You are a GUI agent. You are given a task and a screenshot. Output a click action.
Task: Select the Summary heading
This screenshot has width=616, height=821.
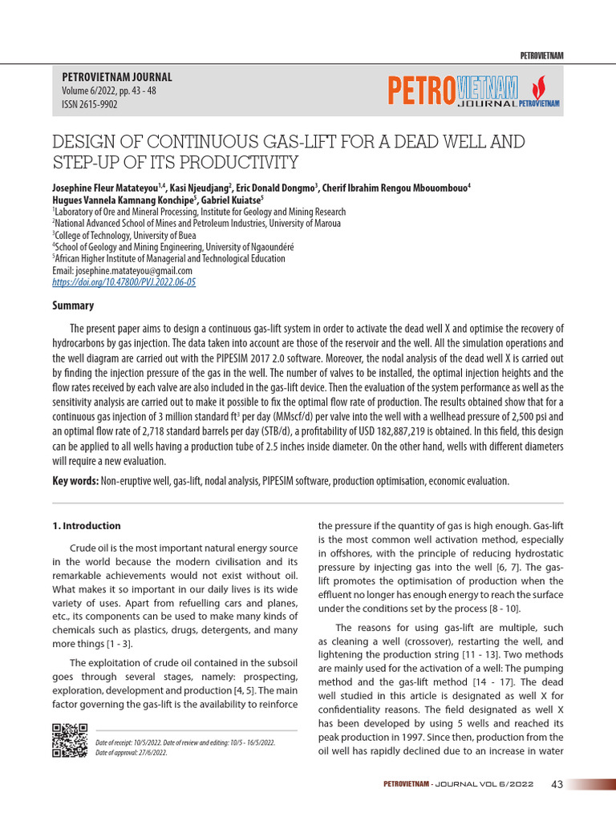[73, 305]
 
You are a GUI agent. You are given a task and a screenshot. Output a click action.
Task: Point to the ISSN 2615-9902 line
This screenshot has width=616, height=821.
[89, 104]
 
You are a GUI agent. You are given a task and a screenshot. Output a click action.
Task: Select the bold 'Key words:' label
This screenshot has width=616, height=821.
[75, 481]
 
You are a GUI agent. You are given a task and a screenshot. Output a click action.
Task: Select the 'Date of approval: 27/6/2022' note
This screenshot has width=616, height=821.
[132, 753]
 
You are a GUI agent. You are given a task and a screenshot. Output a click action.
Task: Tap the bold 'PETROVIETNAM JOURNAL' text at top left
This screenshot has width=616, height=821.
[117, 78]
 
